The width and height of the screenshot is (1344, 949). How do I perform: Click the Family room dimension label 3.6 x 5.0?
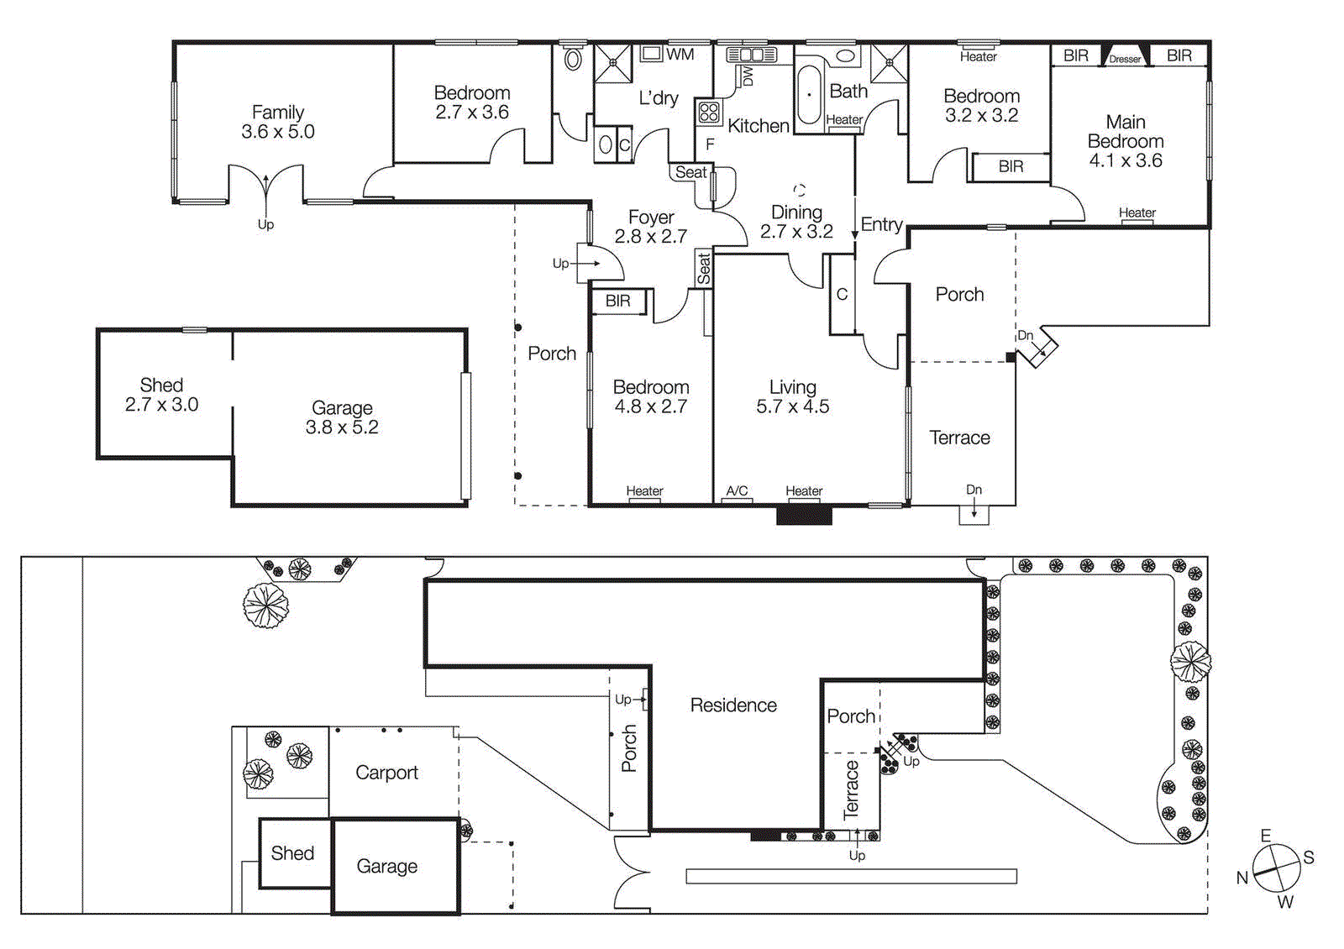tap(277, 132)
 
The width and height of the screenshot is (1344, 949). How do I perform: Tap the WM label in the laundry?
tap(680, 55)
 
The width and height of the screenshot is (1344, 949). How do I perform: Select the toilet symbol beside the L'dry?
tap(573, 60)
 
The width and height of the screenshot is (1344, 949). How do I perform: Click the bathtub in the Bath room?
tap(809, 95)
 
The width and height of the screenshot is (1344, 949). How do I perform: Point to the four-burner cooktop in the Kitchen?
tap(708, 112)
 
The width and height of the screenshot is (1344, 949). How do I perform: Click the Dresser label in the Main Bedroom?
tap(1125, 59)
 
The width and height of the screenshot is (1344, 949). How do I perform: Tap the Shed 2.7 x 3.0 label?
tap(161, 395)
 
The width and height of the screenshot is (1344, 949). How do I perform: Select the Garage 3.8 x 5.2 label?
tap(342, 417)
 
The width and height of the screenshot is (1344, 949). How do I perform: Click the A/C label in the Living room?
tap(737, 490)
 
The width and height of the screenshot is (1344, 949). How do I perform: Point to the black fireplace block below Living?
tap(804, 515)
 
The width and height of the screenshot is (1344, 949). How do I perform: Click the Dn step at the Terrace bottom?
tap(974, 513)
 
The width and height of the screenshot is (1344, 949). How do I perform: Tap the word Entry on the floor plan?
tap(881, 224)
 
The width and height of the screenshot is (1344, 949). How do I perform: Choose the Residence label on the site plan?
tap(733, 705)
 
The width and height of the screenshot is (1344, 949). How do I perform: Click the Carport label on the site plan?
tap(386, 773)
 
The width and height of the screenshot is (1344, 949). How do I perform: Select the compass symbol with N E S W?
tap(1276, 868)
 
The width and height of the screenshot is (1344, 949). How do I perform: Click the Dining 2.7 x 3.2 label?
tap(796, 222)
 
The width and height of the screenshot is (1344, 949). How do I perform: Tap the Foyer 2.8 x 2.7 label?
tap(651, 227)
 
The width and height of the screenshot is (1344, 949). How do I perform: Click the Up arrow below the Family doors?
tap(265, 224)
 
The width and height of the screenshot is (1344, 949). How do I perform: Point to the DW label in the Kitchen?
tap(747, 77)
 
